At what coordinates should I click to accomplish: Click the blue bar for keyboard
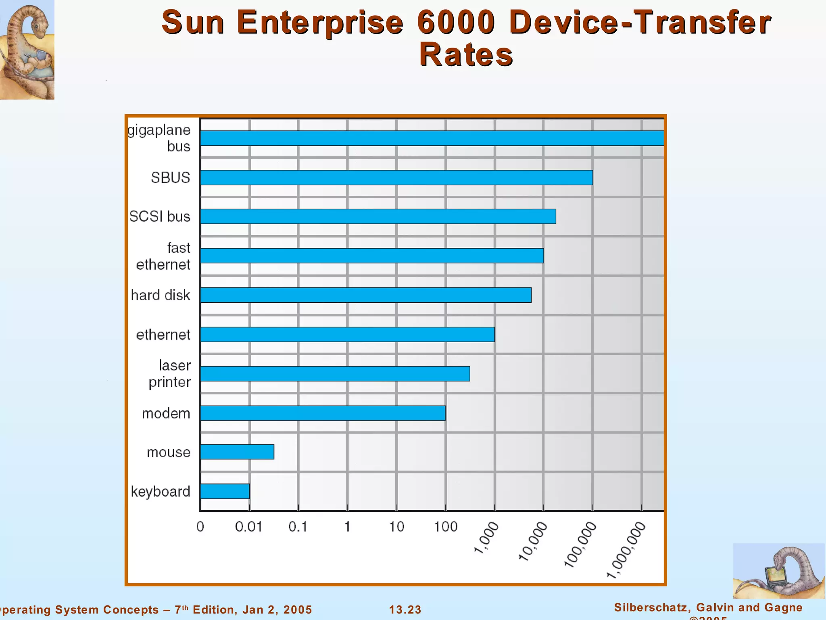tap(225, 491)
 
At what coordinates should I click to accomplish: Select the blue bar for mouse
tap(237, 452)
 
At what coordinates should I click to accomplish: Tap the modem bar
tap(323, 413)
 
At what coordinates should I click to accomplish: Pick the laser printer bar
tap(335, 374)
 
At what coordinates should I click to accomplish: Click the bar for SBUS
tap(396, 178)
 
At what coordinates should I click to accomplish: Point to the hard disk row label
tap(161, 295)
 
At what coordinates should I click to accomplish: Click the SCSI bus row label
tap(160, 216)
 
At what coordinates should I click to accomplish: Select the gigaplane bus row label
tap(159, 138)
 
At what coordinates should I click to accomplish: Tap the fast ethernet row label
tap(163, 256)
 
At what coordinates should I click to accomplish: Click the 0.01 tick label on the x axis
tap(248, 527)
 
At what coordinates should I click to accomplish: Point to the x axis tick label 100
tap(445, 527)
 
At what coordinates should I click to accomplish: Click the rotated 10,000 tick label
tap(533, 542)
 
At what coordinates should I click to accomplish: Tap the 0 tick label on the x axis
tap(200, 527)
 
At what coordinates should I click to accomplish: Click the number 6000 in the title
tap(455, 22)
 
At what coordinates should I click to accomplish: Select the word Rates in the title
tap(466, 54)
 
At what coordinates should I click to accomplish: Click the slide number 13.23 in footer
tap(405, 610)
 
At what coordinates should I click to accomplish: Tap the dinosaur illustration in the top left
tap(27, 50)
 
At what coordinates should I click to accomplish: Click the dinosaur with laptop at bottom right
tap(778, 571)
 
